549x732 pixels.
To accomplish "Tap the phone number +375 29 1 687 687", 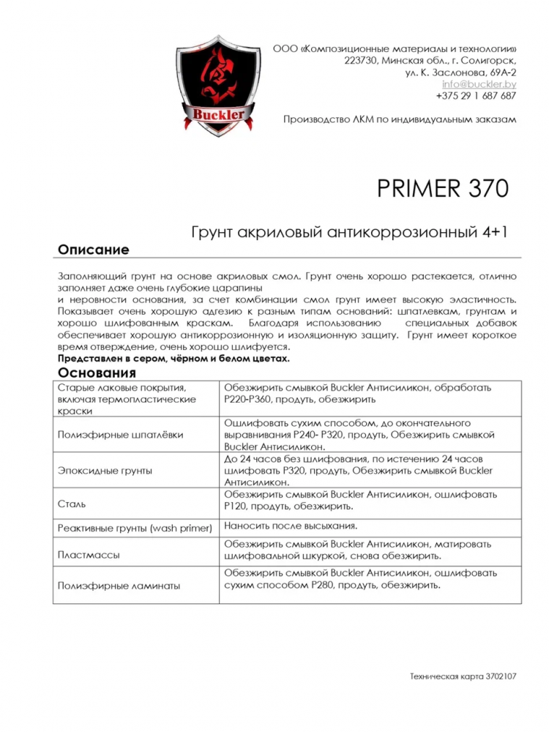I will click(x=476, y=96).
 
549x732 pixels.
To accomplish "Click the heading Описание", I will click(x=93, y=250).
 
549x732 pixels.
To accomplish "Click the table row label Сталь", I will click(x=71, y=504).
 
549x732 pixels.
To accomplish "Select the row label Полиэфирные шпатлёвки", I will click(x=120, y=434).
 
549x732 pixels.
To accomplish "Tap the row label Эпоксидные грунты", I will click(x=105, y=470).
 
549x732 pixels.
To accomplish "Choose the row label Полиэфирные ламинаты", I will click(x=119, y=586).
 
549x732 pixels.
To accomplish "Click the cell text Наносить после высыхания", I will click(x=291, y=526).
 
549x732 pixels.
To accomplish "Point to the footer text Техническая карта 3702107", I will click(x=463, y=677).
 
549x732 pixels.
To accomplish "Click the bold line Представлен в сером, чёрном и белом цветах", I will click(x=173, y=358).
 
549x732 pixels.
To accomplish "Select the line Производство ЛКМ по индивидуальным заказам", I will click(x=400, y=119).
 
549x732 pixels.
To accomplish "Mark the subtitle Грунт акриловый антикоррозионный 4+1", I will click(x=349, y=232).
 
